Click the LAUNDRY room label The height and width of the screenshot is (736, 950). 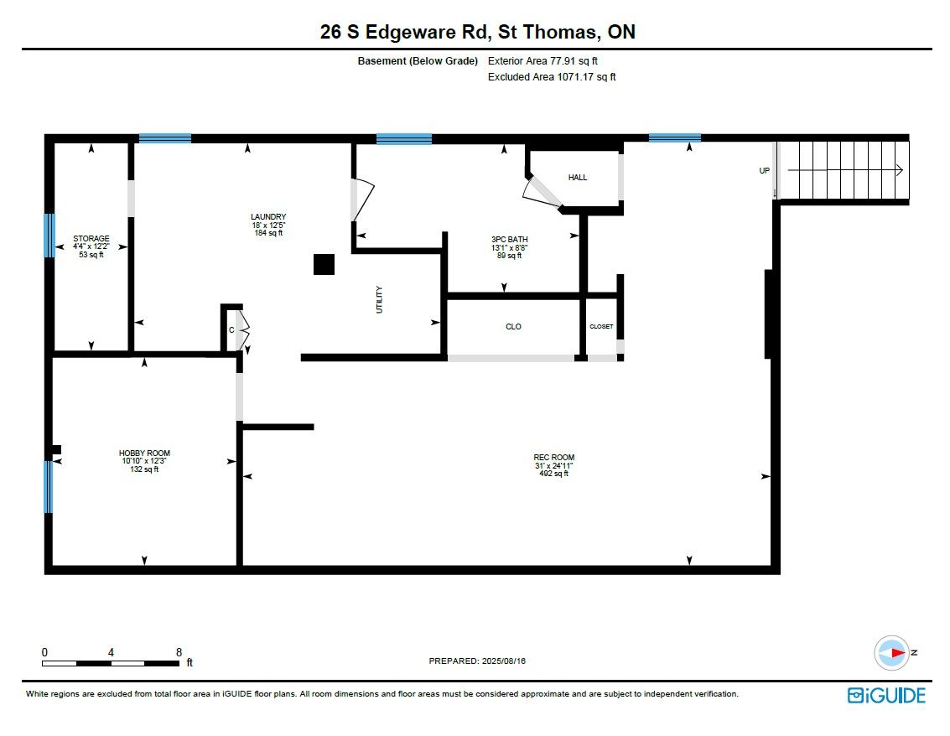coord(268,217)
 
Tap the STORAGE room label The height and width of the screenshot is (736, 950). coord(91,239)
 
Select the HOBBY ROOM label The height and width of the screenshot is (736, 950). coord(144,454)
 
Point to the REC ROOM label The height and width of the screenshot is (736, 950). coord(553,458)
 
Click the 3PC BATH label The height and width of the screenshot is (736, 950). coord(510,239)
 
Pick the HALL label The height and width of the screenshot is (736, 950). coord(578,178)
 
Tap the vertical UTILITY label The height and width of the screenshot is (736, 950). coord(379,300)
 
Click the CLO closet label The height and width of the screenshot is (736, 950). coord(513,326)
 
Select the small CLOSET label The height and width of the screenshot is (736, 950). coord(602,326)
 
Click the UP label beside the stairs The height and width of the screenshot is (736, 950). coord(765,171)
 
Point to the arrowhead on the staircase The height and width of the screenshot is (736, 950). coord(901,170)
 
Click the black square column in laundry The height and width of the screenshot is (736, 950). coord(324,265)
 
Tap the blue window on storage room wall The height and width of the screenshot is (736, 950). coord(49,235)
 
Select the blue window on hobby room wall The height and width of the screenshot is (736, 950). coord(49,487)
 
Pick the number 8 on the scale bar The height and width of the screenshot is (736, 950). coord(179,652)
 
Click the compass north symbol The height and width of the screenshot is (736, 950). coord(892,653)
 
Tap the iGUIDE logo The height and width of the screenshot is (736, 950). coord(886,696)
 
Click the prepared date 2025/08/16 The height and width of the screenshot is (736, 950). coord(503,661)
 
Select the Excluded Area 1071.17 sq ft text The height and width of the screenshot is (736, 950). coord(552,77)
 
